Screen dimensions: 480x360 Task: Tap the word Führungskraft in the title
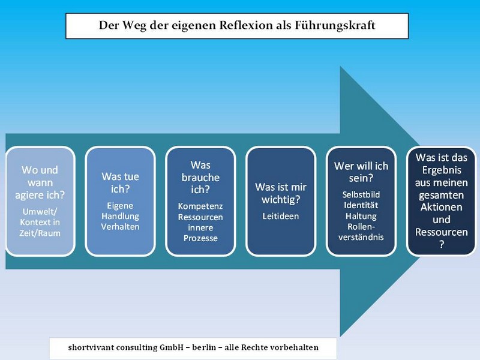coord(335,25)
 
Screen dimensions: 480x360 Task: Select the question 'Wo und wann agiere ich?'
coord(40,182)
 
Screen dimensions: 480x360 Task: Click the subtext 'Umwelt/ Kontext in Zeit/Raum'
coord(40,222)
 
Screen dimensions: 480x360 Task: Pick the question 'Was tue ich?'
coord(121,183)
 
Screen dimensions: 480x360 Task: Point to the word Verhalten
coord(121,227)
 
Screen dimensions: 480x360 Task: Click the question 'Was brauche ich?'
coord(200,178)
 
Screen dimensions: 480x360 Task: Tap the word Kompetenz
coord(200,206)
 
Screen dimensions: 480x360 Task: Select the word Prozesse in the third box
coord(200,238)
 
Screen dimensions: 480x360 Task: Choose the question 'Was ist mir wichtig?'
coord(281,193)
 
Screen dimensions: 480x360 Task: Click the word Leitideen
coord(281,217)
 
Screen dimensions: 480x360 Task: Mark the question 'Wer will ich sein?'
coord(361,172)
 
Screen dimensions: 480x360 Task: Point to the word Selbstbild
coord(361,194)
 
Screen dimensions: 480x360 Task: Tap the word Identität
coord(361,205)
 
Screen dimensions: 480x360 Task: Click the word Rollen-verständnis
coord(361,232)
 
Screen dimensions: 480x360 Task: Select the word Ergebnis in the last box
coord(442,170)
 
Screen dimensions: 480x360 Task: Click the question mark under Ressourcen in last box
coord(442,245)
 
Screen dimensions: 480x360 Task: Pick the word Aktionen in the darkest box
coord(442,207)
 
